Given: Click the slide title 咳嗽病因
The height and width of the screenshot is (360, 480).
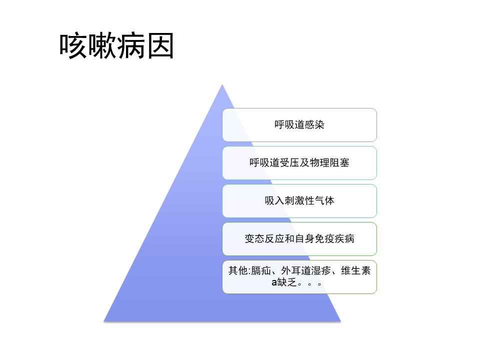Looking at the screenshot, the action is (116, 46).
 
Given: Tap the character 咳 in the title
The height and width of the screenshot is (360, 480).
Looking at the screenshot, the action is (73, 46).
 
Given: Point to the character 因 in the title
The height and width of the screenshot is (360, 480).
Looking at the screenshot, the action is (160, 46).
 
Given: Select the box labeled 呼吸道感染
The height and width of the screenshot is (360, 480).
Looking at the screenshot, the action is (299, 125).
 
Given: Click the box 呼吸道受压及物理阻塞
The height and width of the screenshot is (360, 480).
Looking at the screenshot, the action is (299, 163).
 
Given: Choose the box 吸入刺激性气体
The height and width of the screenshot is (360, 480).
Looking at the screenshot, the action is (299, 201).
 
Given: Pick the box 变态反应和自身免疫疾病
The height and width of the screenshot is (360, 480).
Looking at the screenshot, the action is (299, 239).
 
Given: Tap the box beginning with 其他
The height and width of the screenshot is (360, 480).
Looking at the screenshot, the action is (299, 276).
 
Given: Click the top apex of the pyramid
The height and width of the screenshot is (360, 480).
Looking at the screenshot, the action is (222, 84).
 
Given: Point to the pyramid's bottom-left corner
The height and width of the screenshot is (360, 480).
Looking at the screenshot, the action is (104, 321).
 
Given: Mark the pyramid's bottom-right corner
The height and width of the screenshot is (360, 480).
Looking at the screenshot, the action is (340, 321).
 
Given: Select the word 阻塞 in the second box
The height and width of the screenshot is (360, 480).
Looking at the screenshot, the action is (339, 162).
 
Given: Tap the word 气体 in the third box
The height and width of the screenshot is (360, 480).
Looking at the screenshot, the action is (324, 200).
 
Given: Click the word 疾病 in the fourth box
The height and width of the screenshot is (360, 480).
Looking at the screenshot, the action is (344, 238).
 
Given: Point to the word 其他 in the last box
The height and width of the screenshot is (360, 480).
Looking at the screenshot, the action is (238, 270).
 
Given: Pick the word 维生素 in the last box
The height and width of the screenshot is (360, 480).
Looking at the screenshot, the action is (355, 270).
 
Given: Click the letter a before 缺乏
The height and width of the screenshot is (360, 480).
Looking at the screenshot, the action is (274, 282).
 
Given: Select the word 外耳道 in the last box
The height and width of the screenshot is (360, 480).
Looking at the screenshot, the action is (296, 270).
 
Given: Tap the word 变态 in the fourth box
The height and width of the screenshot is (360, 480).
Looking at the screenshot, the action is (254, 238).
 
